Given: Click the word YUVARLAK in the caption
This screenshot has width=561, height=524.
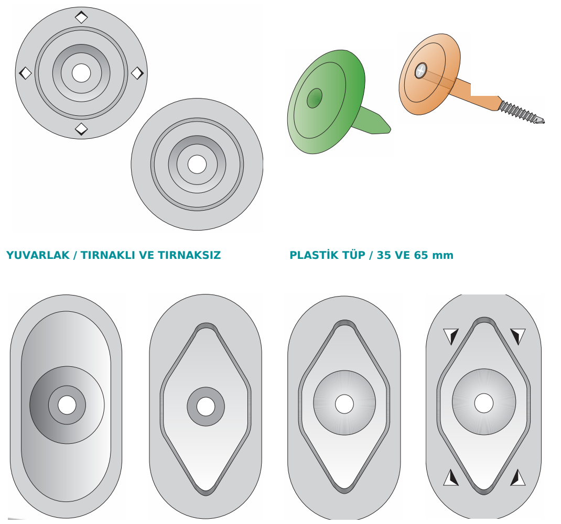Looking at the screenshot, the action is click(x=38, y=255).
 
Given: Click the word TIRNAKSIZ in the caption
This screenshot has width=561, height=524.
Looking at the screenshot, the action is click(x=189, y=255).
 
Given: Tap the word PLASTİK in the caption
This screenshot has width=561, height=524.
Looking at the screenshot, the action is click(x=312, y=255).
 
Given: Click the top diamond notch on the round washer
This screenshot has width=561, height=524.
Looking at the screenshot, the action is click(x=81, y=17).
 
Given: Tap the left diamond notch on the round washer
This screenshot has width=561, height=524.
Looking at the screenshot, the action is click(x=25, y=73).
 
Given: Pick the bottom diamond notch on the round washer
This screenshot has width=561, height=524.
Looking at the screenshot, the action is click(x=81, y=129).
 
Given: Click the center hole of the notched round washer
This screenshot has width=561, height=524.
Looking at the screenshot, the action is click(x=81, y=73).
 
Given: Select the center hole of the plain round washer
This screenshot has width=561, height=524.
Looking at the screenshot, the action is click(x=197, y=164).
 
